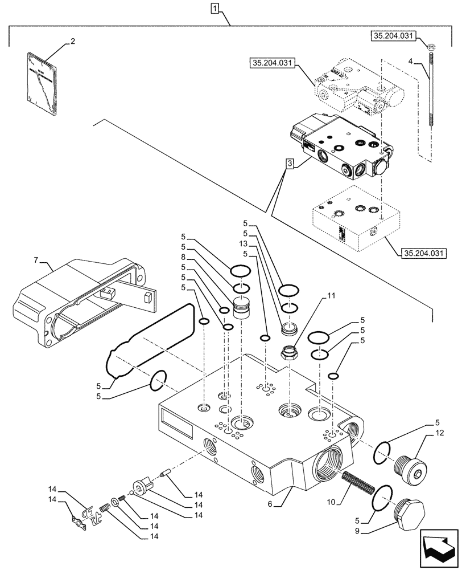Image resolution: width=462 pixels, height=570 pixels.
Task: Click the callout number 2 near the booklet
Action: [73, 41]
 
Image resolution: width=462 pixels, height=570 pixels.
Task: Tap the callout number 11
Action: [331, 296]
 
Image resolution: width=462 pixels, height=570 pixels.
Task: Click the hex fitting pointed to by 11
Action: [288, 352]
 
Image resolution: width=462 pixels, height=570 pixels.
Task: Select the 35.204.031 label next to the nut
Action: [393, 35]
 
